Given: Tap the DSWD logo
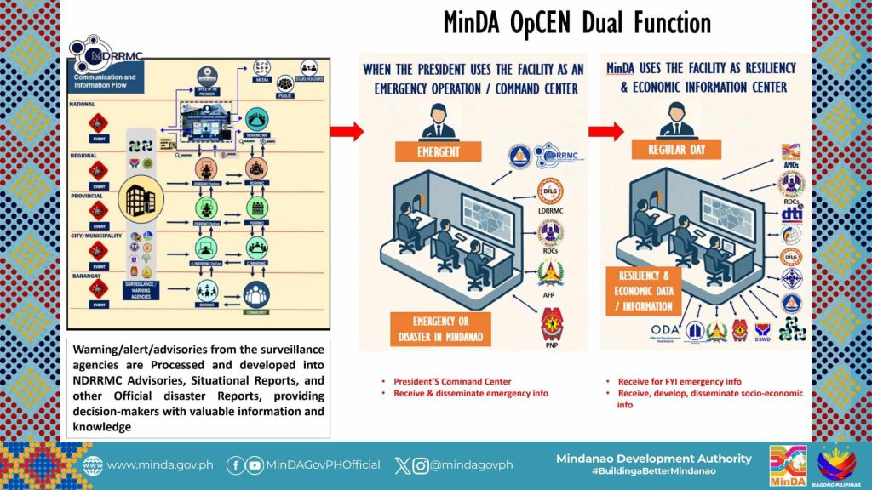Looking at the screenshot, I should [761, 332].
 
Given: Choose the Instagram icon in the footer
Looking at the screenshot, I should [420, 464].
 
